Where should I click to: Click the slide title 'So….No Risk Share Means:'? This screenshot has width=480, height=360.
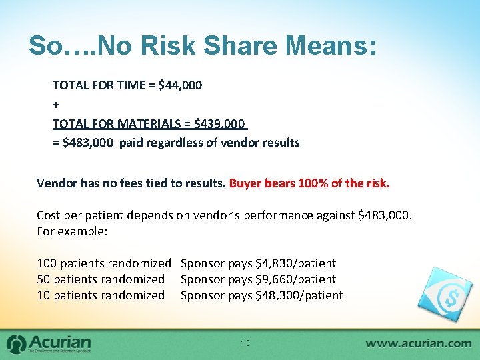tap(203, 45)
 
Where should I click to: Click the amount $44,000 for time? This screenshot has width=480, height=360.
tap(180, 85)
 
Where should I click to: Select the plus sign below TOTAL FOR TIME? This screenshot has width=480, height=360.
tap(55, 105)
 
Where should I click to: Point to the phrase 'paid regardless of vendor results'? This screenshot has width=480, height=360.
tap(209, 143)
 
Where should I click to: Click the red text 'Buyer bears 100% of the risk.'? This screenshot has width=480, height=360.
tap(309, 183)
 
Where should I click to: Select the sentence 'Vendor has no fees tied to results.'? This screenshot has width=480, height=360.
tap(131, 183)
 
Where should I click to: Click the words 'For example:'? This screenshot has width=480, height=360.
tap(73, 231)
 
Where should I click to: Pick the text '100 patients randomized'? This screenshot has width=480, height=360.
tap(104, 263)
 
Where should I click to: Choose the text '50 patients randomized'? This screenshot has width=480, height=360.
tap(101, 279)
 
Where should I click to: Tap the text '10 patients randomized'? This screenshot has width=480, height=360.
tap(101, 295)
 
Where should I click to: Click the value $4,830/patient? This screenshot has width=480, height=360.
tap(295, 263)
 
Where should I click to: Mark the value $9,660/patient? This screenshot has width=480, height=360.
tap(295, 279)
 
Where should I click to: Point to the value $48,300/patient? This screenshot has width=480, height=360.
tap(299, 295)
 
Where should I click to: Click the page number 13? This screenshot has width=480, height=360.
tap(245, 343)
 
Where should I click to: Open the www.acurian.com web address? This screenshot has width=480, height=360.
tap(419, 343)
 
